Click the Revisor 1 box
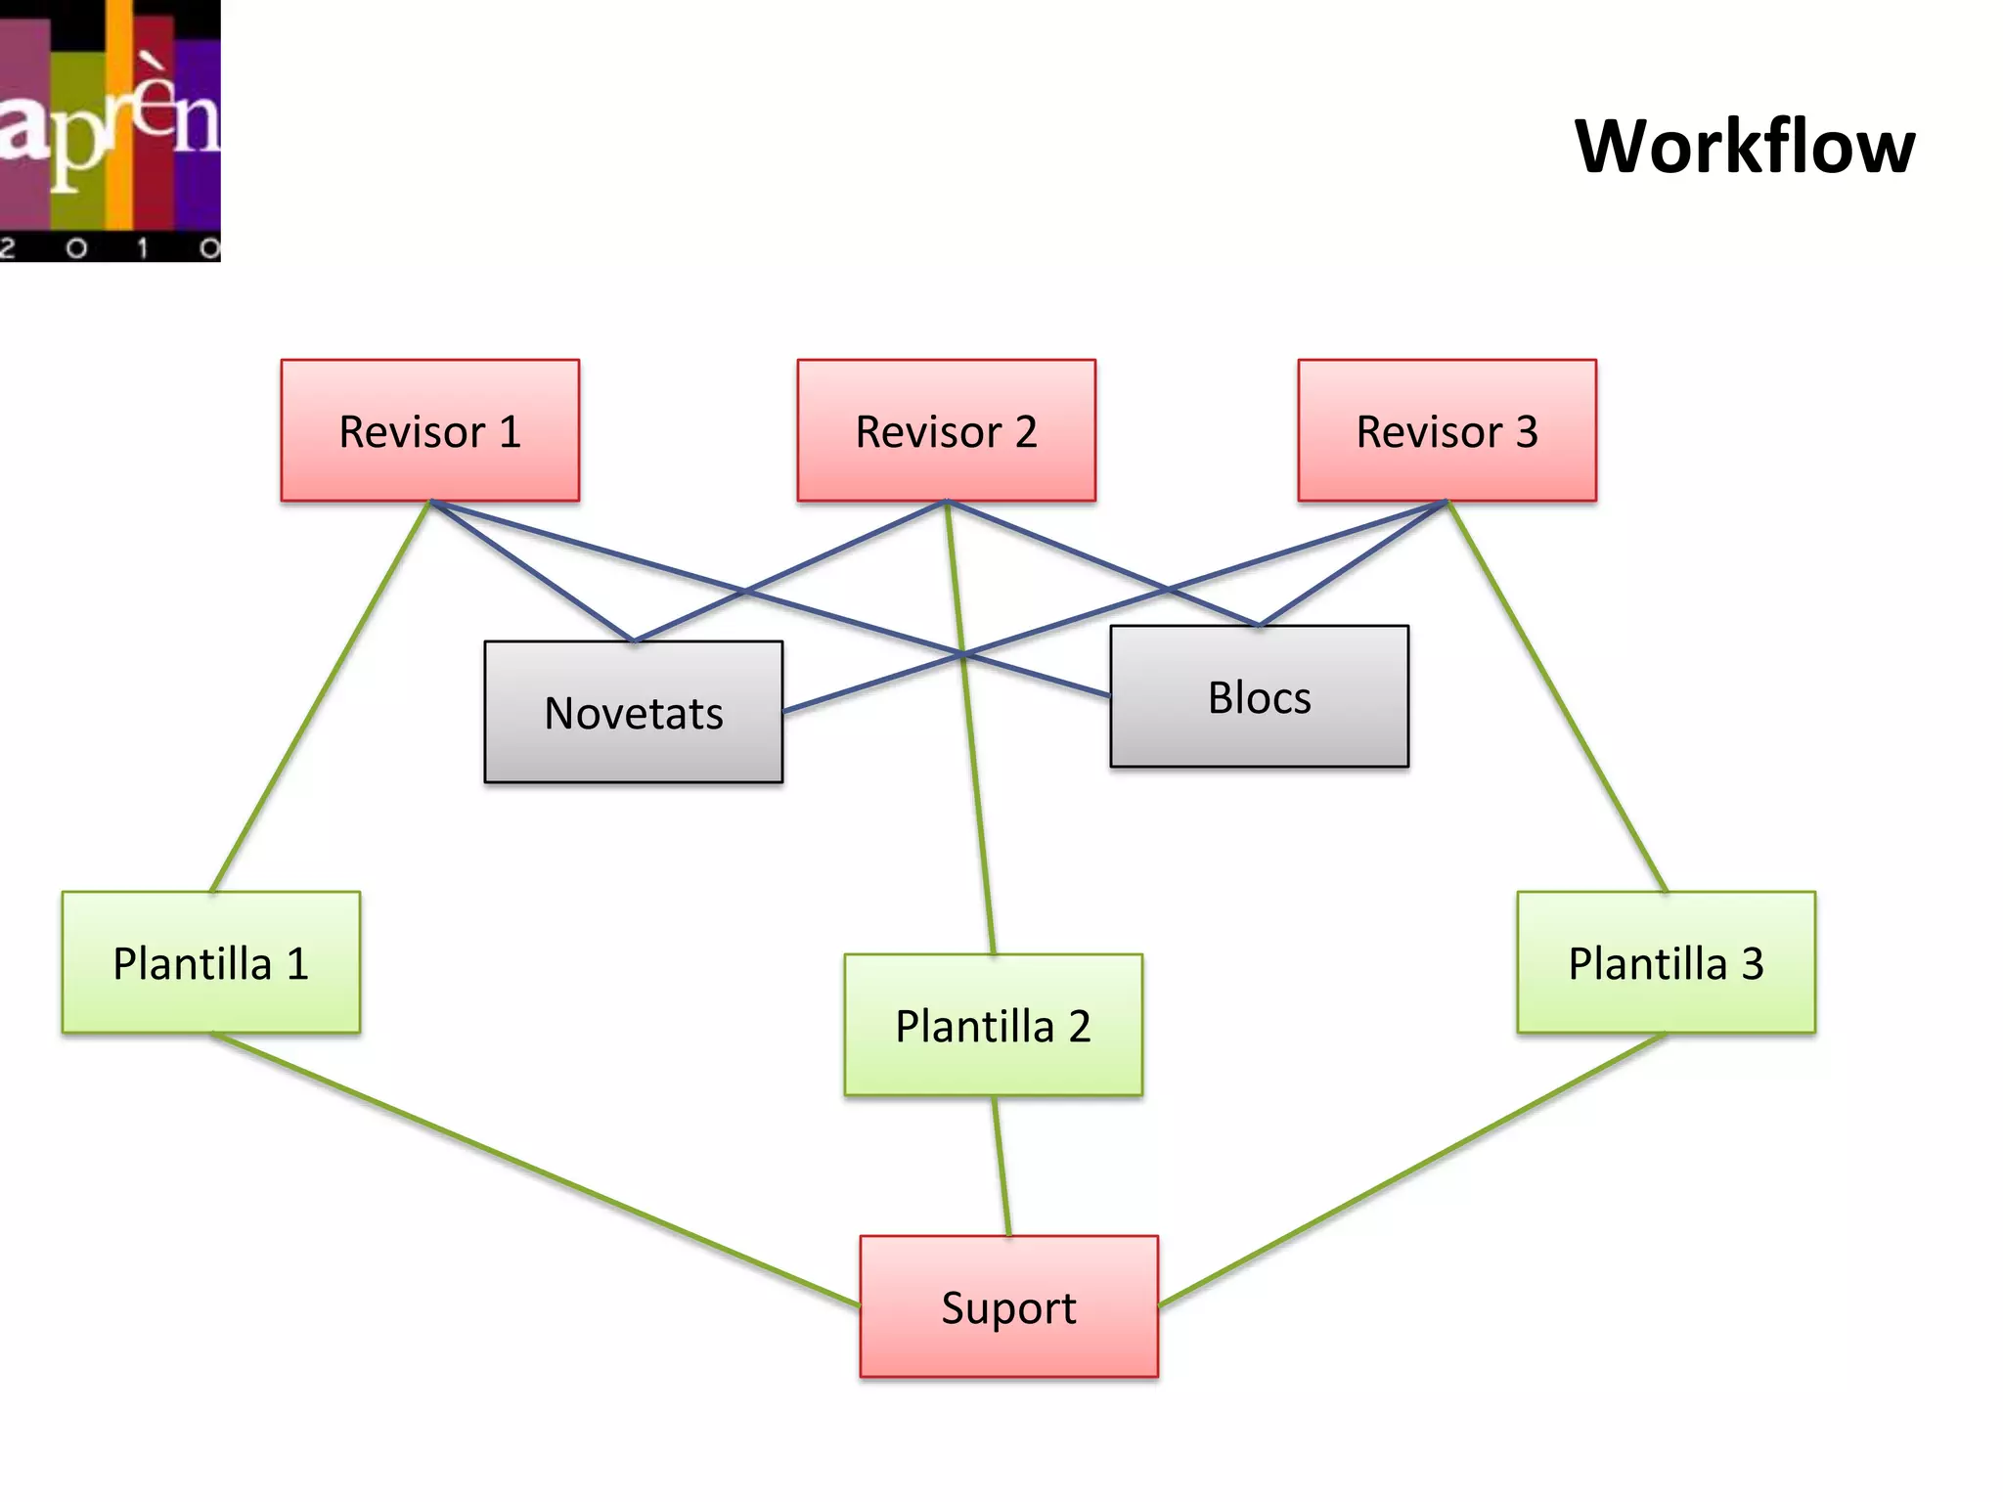pyautogui.click(x=429, y=430)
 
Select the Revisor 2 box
pyautogui.click(x=946, y=430)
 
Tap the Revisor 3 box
pyautogui.click(x=1447, y=430)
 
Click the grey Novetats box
pyautogui.click(x=633, y=712)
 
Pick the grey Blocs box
pyautogui.click(x=1259, y=696)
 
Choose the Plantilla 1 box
pyautogui.click(x=210, y=962)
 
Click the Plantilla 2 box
pyautogui.click(x=993, y=1025)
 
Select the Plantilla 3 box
pyautogui.click(x=1666, y=962)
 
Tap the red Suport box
pyautogui.click(x=1008, y=1306)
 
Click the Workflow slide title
pyautogui.click(x=1744, y=147)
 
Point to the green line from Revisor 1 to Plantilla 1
pyautogui.click(x=321, y=696)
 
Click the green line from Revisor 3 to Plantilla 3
pyautogui.click(x=1557, y=696)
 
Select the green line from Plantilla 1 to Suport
pyautogui.click(x=536, y=1170)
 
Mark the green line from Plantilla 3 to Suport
pyautogui.click(x=1412, y=1170)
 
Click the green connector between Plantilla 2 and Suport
pyautogui.click(x=1001, y=1166)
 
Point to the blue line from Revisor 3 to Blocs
pyautogui.click(x=1354, y=563)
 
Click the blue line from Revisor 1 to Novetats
pyautogui.click(x=531, y=571)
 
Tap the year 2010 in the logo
pyautogui.click(x=110, y=248)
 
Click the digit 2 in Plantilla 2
pyautogui.click(x=1079, y=1027)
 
